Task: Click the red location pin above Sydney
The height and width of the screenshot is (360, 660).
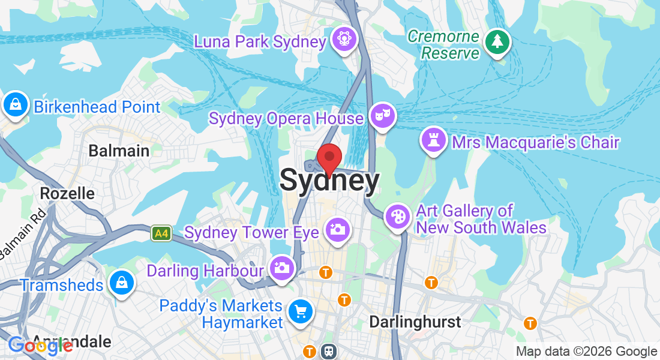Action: coord(329,157)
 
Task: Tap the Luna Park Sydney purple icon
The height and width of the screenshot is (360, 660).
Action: coord(345,40)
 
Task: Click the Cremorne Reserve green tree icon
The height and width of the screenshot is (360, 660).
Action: coord(497,42)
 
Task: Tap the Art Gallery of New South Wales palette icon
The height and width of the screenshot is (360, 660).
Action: coord(397,216)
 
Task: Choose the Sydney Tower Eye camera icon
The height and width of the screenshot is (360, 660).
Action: coord(337,229)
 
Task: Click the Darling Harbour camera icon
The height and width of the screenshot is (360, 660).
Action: coord(281,268)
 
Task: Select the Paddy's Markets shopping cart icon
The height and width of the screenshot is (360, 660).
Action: coord(299,311)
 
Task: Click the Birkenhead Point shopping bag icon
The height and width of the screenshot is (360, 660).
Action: coord(15,105)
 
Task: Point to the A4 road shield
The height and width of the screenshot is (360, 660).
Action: coord(160,233)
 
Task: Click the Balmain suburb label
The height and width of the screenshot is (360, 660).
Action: coord(119,151)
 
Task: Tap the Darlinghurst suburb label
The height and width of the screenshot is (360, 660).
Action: coord(415,322)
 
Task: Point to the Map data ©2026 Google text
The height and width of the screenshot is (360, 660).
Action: coord(587,352)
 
